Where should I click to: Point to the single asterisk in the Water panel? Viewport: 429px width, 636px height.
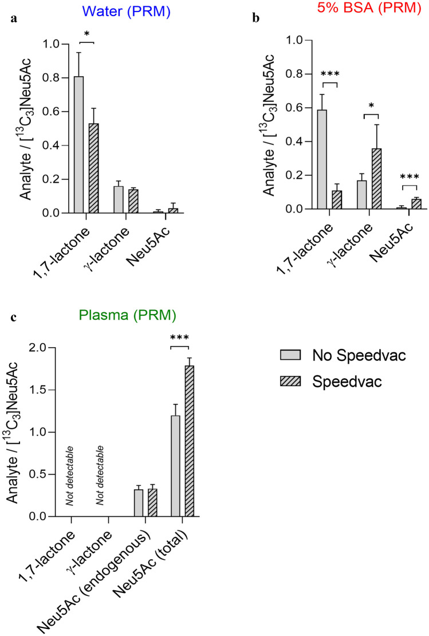[x=86, y=34]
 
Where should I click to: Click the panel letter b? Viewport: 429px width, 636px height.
[x=256, y=18]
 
